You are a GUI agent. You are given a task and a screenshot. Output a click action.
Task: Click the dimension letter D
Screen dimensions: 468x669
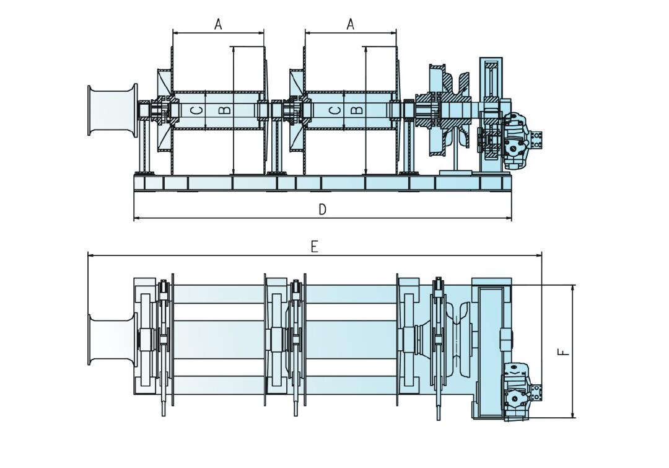(x=322, y=210)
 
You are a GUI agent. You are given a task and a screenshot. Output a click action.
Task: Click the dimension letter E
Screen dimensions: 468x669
(x=314, y=247)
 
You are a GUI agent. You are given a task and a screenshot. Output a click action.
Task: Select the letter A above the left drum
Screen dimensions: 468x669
(x=218, y=24)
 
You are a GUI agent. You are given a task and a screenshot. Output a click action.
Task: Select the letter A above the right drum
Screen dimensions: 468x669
(x=350, y=24)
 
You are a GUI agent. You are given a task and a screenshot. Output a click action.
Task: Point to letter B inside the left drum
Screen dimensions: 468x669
(x=225, y=110)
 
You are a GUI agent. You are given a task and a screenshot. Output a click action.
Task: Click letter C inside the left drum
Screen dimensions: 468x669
(x=196, y=110)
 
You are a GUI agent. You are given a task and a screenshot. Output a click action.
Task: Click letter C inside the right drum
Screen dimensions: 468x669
(x=334, y=110)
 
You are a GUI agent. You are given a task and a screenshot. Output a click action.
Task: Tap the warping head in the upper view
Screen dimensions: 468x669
(x=111, y=110)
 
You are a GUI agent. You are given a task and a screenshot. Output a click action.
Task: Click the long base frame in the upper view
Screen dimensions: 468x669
(x=322, y=183)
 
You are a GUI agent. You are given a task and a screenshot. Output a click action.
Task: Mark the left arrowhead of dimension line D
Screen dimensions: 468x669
(x=136, y=218)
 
